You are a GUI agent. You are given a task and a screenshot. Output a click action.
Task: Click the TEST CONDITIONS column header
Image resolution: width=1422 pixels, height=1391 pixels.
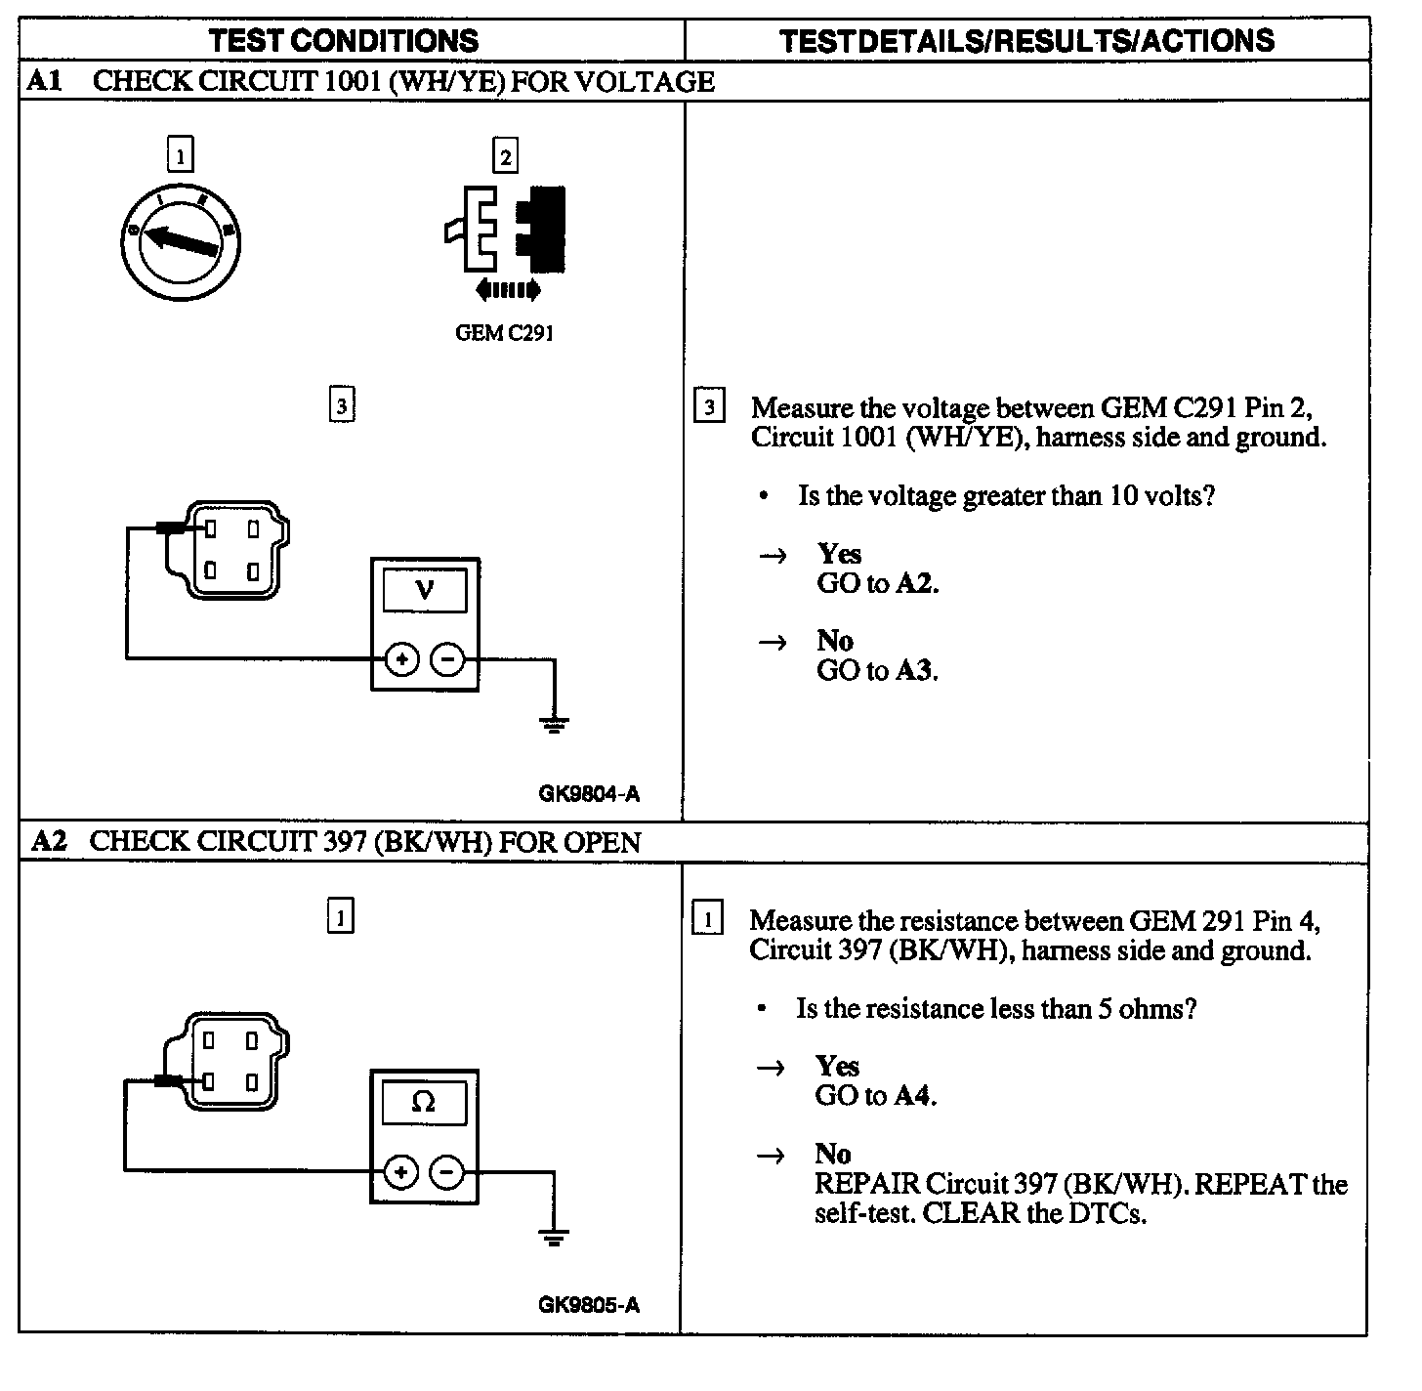pos(344,40)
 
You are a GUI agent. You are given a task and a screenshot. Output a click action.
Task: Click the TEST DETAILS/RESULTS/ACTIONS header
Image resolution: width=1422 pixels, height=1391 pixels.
pos(1027,40)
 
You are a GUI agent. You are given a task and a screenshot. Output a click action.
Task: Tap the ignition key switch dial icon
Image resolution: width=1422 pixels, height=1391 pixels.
pos(181,240)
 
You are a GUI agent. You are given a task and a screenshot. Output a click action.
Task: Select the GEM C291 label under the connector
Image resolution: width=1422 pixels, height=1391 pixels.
pos(505,332)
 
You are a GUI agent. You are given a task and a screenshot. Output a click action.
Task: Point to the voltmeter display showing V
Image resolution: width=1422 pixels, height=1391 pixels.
pos(425,591)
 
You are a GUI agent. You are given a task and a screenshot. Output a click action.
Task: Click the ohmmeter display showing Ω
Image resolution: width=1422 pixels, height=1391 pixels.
pos(424,1102)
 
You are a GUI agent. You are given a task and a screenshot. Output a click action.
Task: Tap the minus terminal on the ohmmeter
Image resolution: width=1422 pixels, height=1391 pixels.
pos(447,1172)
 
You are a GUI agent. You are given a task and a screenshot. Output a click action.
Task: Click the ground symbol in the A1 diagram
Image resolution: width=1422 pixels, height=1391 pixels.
pos(555,725)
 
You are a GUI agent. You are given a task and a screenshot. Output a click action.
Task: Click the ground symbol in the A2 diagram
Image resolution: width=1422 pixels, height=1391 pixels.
pos(554,1239)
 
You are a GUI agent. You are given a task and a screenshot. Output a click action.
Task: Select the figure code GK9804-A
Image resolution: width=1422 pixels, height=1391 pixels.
pos(589,794)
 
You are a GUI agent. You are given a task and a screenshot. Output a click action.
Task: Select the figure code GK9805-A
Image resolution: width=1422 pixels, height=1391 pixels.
pos(589,1305)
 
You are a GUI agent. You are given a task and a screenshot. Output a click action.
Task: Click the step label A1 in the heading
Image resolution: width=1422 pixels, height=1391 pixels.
pos(44,81)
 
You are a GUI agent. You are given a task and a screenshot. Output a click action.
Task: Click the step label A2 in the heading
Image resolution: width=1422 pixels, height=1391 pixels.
pos(49,841)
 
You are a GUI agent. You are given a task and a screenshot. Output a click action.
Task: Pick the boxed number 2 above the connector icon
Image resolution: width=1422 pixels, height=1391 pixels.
pos(505,156)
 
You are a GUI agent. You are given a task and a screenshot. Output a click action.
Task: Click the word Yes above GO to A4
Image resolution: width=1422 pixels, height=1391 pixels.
pos(838,1066)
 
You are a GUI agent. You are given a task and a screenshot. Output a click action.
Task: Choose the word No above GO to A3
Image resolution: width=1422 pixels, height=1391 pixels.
pos(835,641)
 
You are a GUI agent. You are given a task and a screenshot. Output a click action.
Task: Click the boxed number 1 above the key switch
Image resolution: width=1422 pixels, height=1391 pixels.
pos(181,156)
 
